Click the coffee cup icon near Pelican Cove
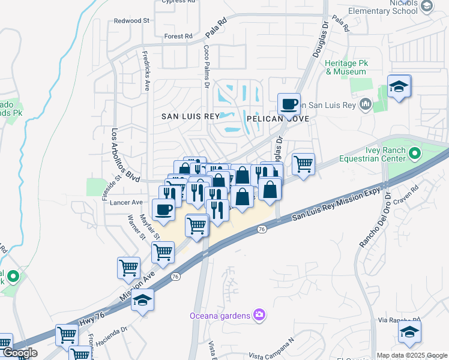tap(289, 104)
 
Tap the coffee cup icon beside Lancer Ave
tap(163, 209)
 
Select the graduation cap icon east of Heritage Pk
tap(399, 86)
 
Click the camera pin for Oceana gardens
tap(259, 314)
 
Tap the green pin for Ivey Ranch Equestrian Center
tap(414, 155)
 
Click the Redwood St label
tap(131, 20)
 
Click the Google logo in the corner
tap(19, 353)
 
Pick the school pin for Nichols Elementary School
tap(427, 6)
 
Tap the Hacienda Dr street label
tap(108, 331)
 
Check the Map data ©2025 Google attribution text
tap(412, 355)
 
